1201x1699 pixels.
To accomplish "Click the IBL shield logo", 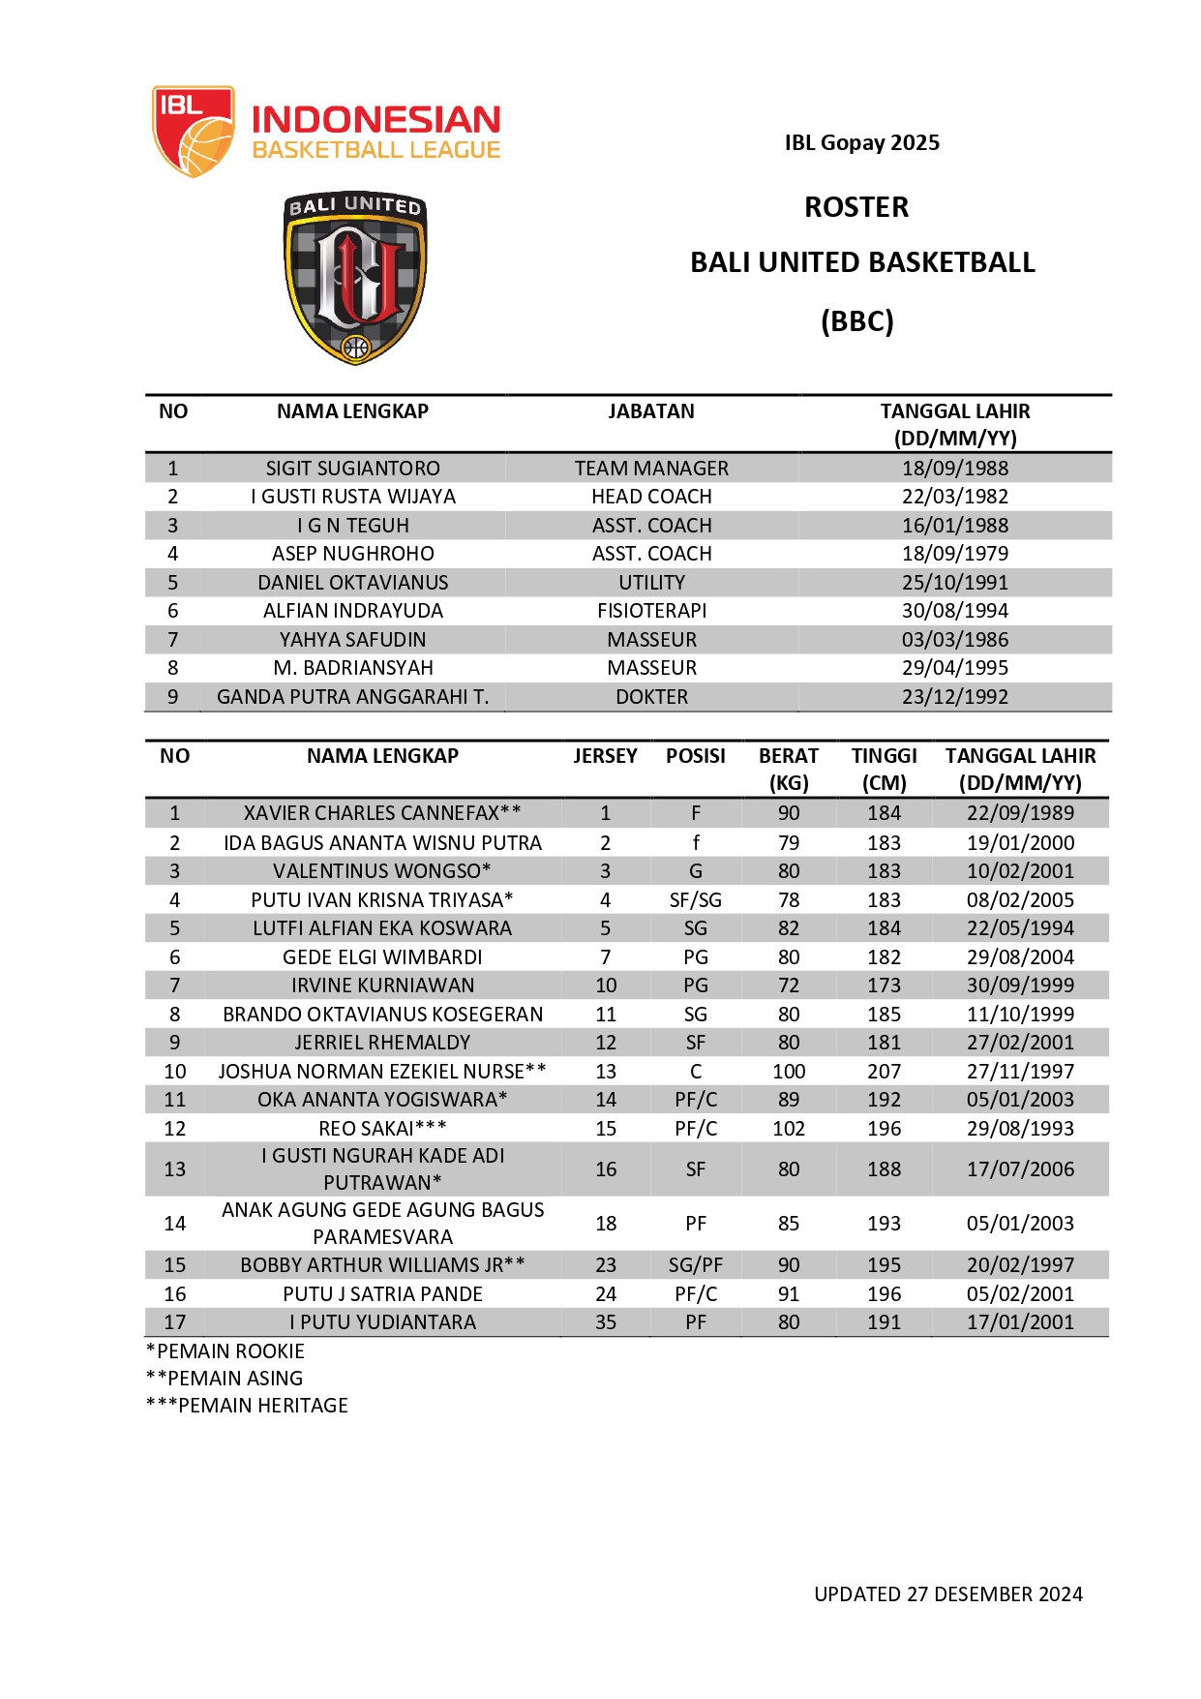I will pyautogui.click(x=193, y=131).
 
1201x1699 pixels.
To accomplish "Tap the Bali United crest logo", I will pyautogui.click(x=355, y=278).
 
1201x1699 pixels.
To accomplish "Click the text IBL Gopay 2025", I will pyautogui.click(x=861, y=143).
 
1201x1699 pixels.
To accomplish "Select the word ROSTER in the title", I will pyautogui.click(x=856, y=207).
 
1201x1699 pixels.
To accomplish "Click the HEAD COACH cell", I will pyautogui.click(x=651, y=497).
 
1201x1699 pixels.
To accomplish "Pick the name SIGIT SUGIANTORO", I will pyautogui.click(x=352, y=469).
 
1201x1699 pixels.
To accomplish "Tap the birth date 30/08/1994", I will pyautogui.click(x=954, y=611).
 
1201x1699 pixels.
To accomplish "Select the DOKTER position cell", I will pyautogui.click(x=651, y=697).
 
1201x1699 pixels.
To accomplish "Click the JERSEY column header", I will pyautogui.click(x=605, y=756).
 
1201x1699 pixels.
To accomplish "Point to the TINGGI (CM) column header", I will pyautogui.click(x=884, y=769).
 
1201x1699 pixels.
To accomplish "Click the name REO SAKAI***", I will pyautogui.click(x=382, y=1129).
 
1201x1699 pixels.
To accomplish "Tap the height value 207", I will pyautogui.click(x=884, y=1072).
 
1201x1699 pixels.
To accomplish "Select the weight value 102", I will pyautogui.click(x=789, y=1129).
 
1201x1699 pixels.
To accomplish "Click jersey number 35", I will pyautogui.click(x=606, y=1322).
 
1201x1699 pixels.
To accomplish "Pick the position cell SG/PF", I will pyautogui.click(x=695, y=1265).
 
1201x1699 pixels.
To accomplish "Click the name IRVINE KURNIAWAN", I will pyautogui.click(x=382, y=986).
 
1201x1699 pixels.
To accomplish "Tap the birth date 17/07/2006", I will pyautogui.click(x=1020, y=1169).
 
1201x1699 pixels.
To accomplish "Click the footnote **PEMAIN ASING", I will pyautogui.click(x=225, y=1379).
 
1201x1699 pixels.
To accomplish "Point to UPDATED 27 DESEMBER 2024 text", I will pyautogui.click(x=947, y=1594).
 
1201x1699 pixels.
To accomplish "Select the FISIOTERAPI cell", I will pyautogui.click(x=651, y=611).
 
